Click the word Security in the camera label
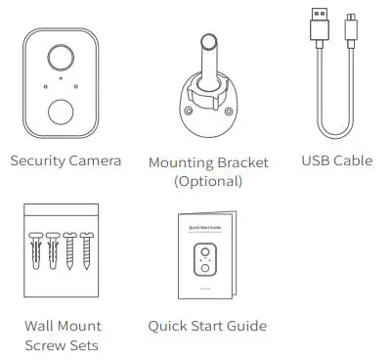pos(37,160)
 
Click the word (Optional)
pos(207,181)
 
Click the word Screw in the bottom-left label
pos(46,344)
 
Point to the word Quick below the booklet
pos(168,326)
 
